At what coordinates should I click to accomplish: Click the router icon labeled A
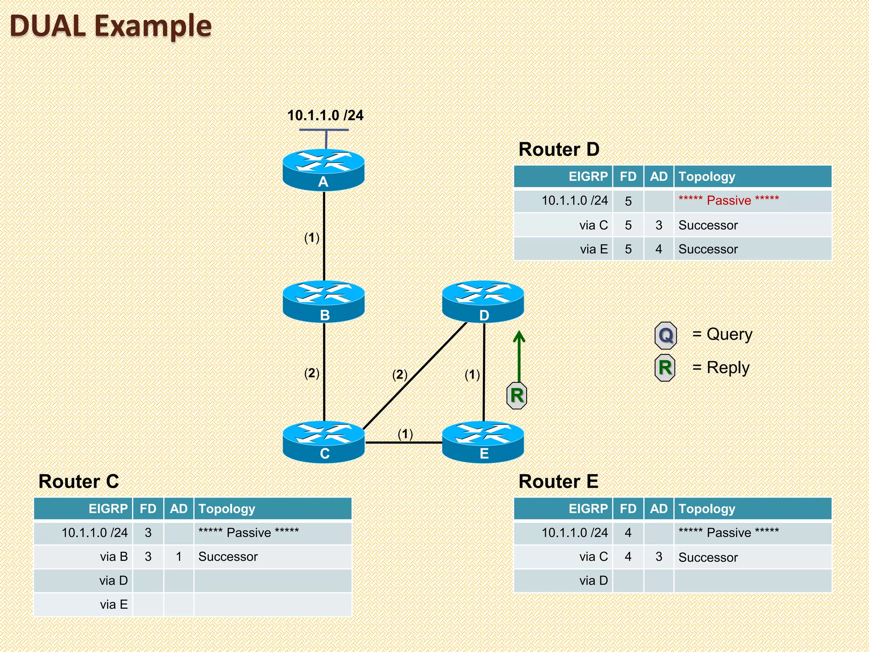323,169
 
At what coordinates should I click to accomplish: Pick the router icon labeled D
483,301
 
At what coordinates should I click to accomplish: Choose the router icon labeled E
483,441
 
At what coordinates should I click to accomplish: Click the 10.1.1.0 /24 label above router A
325,115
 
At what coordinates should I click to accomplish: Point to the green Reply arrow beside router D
519,357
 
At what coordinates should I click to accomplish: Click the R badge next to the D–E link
517,396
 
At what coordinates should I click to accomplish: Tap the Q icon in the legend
665,335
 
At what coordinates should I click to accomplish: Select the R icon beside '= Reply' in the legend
665,368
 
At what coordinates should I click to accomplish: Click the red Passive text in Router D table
729,200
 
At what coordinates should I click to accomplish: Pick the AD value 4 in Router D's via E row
659,249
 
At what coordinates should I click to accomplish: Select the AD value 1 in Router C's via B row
179,556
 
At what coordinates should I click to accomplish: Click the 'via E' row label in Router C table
114,604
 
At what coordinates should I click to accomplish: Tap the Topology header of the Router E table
706,509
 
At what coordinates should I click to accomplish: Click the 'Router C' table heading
79,481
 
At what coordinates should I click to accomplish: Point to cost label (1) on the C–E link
405,434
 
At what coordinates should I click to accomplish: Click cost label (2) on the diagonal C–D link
400,374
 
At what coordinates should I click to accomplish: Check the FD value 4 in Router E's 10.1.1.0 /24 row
628,532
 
